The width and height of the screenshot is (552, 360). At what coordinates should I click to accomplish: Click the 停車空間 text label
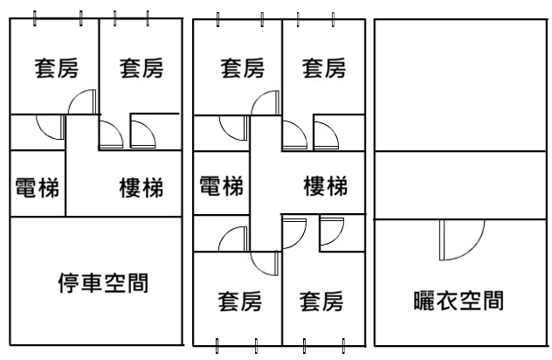101,284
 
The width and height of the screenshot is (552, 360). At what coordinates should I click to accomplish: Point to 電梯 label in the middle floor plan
221,186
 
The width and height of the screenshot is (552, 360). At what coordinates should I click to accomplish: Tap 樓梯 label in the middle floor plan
325,186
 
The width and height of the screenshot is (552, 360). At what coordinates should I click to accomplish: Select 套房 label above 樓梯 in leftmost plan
141,68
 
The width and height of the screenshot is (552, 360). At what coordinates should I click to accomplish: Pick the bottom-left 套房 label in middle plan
239,302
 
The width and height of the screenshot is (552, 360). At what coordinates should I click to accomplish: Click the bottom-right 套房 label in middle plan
321,302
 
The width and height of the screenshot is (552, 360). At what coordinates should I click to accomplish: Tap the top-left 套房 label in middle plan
241,68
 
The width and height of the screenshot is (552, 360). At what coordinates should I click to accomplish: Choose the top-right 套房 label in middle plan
324,68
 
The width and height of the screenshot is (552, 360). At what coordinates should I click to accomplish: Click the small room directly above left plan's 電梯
37,131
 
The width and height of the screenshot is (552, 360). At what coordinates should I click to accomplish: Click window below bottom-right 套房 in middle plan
325,343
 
